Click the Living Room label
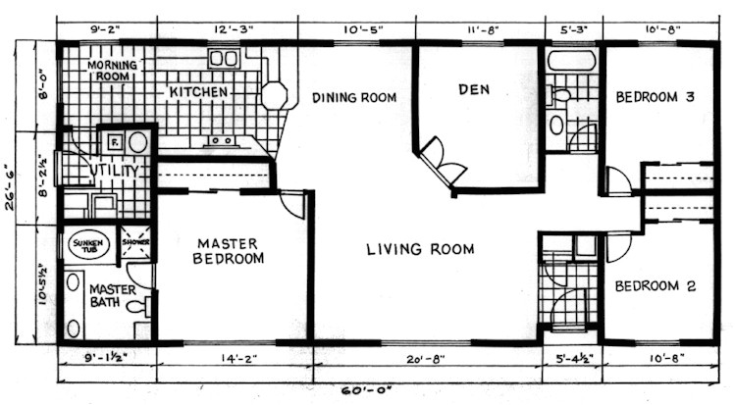pos(420,249)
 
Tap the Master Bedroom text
pos(228,251)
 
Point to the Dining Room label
pos(354,97)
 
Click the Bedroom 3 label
pos(656,97)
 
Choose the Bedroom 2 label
pos(656,286)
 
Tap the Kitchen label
pos(198,92)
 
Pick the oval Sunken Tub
pos(88,244)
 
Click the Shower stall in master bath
pos(133,244)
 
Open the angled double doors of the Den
pos(439,162)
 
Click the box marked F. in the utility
pos(113,141)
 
